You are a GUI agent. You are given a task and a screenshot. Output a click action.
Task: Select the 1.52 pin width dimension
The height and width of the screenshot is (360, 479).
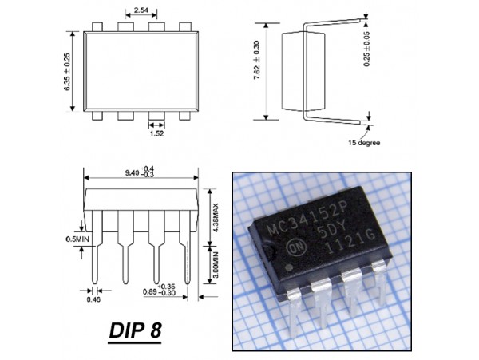(x=156, y=135)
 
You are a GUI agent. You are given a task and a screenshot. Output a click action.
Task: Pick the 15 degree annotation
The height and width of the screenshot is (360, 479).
(x=363, y=143)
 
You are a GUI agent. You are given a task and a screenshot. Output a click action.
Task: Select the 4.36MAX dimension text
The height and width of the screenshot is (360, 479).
(x=216, y=216)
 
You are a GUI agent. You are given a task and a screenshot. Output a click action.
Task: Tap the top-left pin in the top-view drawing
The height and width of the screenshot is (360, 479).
(x=97, y=26)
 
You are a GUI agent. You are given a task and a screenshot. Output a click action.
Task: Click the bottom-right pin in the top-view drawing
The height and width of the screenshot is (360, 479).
(x=186, y=117)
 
